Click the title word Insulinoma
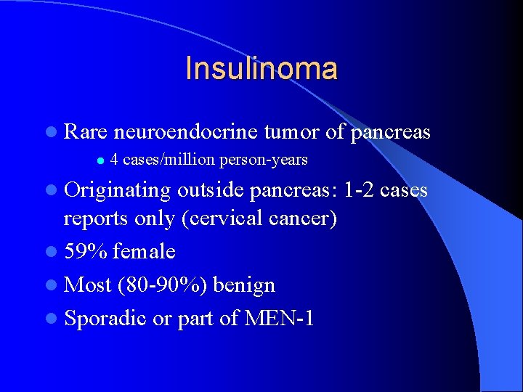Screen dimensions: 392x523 [261, 69]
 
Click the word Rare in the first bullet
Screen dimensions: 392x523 [86, 133]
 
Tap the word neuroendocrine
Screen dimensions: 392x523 [186, 133]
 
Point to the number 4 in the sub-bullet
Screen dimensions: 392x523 [115, 160]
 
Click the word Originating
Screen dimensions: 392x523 [118, 191]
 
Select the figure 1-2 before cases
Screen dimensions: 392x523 [360, 191]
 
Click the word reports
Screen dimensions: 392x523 [93, 219]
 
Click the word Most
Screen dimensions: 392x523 [87, 285]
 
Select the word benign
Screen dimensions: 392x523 [244, 285]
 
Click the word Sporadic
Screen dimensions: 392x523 [105, 318]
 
